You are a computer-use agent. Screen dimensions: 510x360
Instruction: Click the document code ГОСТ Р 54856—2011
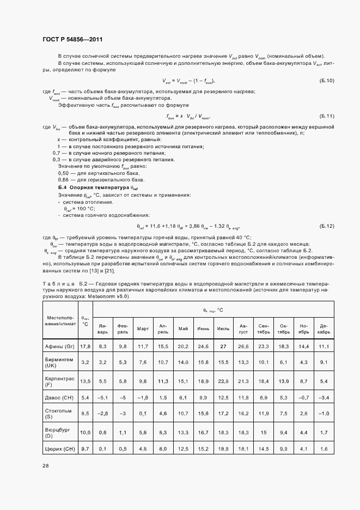pos(72,40)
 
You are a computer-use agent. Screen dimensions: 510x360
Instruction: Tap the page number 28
pos(46,466)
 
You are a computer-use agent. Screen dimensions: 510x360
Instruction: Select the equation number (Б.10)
pos(327,81)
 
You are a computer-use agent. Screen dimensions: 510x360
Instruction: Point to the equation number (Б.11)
pos(327,116)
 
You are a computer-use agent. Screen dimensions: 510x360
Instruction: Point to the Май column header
pos(183,329)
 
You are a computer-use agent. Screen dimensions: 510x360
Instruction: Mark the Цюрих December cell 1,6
pos(324,448)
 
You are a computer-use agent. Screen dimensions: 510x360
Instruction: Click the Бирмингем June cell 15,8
pos(203,361)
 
